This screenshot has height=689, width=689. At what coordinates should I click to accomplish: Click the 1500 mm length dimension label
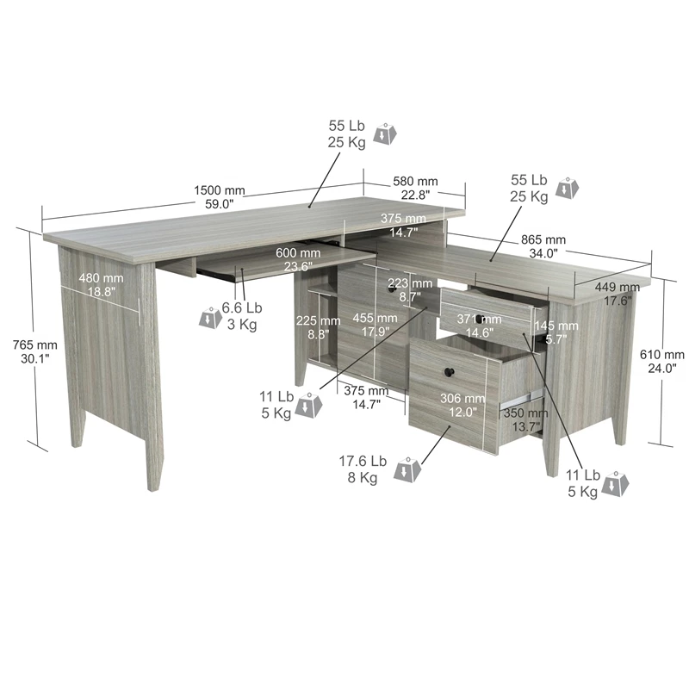tap(220, 197)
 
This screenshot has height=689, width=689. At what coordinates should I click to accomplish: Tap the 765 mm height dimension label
tap(35, 351)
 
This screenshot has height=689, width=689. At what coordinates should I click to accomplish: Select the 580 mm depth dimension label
tap(415, 188)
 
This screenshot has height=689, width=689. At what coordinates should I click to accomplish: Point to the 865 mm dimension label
tap(543, 246)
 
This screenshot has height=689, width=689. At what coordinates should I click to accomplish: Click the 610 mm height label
tap(661, 361)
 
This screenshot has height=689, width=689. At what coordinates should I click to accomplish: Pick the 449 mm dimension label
tap(618, 294)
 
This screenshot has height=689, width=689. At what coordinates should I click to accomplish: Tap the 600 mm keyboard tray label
tap(298, 259)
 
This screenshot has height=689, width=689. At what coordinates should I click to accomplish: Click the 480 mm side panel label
tap(101, 284)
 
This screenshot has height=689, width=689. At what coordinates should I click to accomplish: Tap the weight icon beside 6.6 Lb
tap(211, 318)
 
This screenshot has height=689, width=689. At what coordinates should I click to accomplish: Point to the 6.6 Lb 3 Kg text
tap(242, 316)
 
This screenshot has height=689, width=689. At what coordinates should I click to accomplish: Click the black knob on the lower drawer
tap(449, 373)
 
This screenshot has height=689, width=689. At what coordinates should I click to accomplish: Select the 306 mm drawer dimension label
tap(462, 405)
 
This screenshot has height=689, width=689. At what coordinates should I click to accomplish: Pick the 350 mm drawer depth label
tap(525, 419)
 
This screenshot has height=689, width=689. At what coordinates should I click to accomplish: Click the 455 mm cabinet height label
tap(375, 325)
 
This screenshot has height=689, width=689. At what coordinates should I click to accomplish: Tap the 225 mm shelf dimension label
tap(318, 327)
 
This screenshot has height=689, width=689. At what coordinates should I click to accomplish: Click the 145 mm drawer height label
tap(556, 332)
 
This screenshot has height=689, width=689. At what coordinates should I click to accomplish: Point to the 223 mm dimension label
tap(410, 290)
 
